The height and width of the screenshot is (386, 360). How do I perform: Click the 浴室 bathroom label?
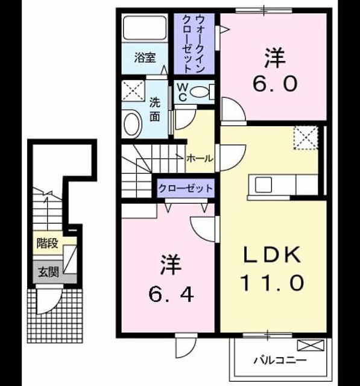[x=145, y=58]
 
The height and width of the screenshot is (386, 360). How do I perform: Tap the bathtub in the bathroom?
[x=145, y=28]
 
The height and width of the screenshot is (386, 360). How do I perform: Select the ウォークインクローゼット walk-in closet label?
[x=194, y=44]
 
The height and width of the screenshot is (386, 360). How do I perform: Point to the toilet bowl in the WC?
[x=200, y=92]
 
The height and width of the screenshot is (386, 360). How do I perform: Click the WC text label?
[x=183, y=92]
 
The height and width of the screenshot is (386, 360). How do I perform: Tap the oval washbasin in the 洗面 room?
[x=133, y=124]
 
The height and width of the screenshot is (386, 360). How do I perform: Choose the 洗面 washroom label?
[x=155, y=110]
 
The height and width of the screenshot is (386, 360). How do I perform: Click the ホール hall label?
[x=200, y=159]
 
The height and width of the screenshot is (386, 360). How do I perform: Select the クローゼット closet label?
[x=186, y=189]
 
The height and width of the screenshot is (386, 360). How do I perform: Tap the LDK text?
[x=272, y=255]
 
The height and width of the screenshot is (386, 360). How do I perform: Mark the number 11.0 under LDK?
[x=272, y=283]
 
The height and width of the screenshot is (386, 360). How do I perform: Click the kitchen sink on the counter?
[x=264, y=185]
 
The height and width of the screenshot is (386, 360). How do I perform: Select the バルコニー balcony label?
[x=280, y=361]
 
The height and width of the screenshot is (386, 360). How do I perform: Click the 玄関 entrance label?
[x=48, y=272]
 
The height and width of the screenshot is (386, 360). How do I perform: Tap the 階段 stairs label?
[x=48, y=243]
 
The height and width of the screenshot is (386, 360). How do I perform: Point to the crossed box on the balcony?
[x=311, y=345]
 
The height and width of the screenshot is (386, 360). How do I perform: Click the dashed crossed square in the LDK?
[x=306, y=138]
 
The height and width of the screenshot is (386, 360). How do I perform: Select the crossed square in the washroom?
[x=133, y=90]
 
